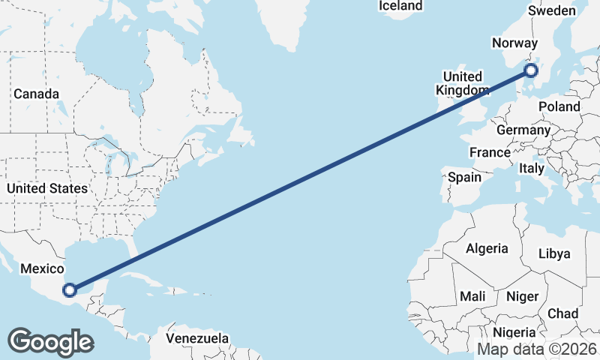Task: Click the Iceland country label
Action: pos(400,6)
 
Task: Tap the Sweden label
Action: pos(552,10)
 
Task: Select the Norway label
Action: pos(514,43)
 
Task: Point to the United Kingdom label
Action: pos(463,83)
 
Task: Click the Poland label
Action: pos(559,106)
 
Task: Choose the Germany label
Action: pos(523,130)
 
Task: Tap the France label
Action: pos(490,152)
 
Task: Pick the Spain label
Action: pos(464,178)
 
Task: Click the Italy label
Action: pos(532,169)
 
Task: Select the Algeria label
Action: pos(487,248)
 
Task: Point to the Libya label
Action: pos(554,253)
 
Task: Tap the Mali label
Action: pos(472,296)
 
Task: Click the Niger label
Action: pos(523,296)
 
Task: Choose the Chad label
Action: pos(563,313)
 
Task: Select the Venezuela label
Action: pos(197,338)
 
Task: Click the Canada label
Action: pos(36,94)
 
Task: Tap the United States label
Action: pos(46,188)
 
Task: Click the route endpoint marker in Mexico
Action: pos(70,289)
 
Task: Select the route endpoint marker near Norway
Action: pos(531,70)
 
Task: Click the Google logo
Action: pos(50,342)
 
